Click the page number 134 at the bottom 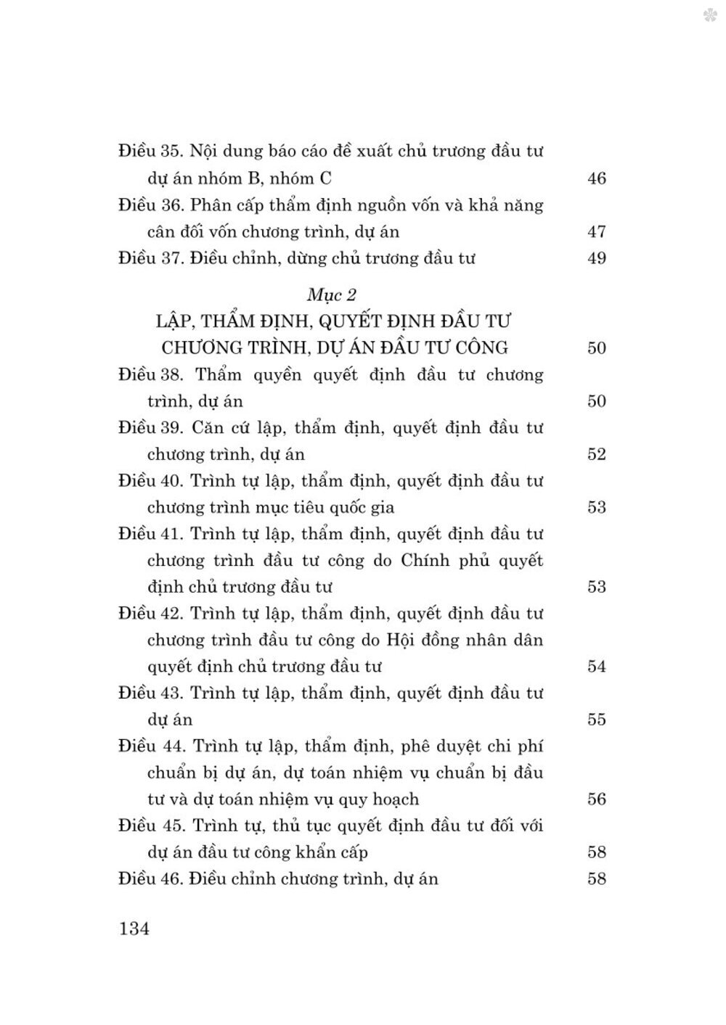(134, 928)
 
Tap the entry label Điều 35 (149, 152)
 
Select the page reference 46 (596, 178)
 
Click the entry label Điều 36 (149, 205)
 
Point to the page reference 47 (596, 232)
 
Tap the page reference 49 (596, 258)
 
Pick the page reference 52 (596, 455)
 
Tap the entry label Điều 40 (149, 481)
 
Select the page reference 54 (596, 667)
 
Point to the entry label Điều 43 (149, 693)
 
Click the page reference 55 (596, 720)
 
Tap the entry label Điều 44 (149, 746)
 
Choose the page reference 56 (596, 799)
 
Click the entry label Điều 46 (149, 879)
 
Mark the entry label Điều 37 (149, 258)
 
